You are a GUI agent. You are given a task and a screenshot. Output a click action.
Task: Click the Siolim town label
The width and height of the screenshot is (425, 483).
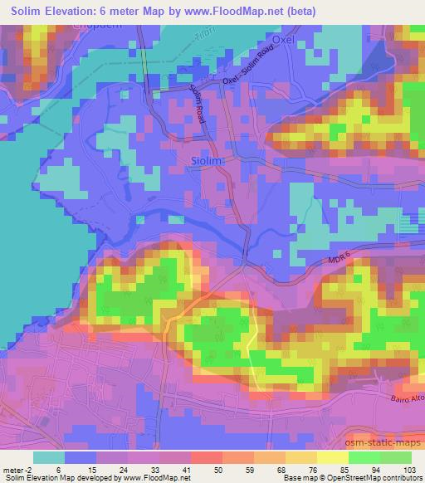click(208, 161)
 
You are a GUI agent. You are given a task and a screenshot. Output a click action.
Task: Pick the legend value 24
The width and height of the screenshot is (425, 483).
click(123, 469)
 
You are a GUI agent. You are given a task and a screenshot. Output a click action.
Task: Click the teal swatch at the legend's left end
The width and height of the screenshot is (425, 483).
click(49, 456)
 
